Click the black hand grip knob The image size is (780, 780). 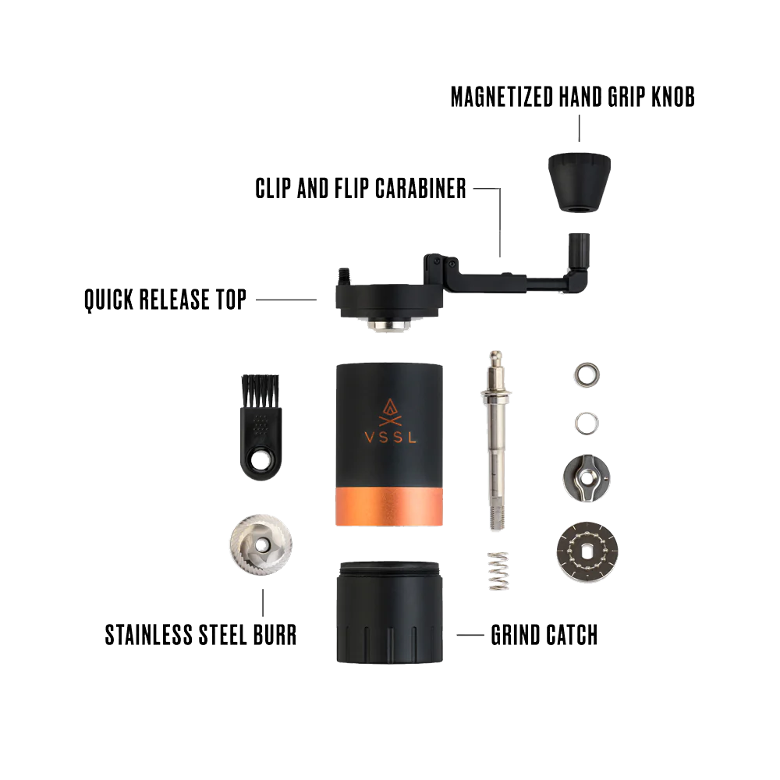point(580,183)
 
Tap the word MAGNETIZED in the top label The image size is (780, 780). point(502,97)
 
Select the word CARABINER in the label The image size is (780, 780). point(420,189)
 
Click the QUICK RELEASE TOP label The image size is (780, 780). point(165,300)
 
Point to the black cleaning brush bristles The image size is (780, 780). point(261,391)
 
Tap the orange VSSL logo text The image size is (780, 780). point(390,438)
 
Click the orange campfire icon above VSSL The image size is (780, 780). point(390,413)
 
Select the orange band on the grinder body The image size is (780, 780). point(389,506)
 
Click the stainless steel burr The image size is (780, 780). point(261,546)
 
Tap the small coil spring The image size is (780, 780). point(498,571)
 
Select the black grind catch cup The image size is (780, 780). point(389,612)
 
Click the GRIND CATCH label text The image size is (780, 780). point(544,635)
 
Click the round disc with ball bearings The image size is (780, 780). point(587,552)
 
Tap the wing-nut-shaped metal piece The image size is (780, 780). point(587,478)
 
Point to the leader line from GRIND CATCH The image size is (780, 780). point(470,635)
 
